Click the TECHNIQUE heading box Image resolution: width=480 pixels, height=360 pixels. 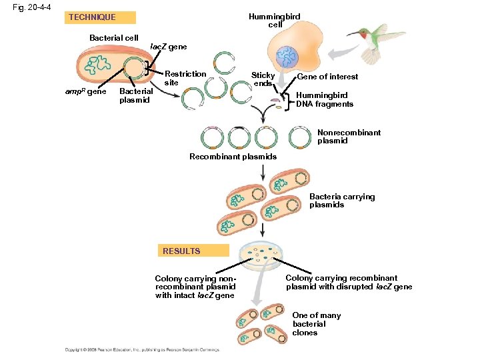click(x=102, y=17)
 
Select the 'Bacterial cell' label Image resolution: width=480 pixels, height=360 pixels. click(x=114, y=38)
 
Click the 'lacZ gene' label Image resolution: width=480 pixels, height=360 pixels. click(x=169, y=47)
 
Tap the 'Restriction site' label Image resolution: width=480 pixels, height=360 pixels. click(x=185, y=78)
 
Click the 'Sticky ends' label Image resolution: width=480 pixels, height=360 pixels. click(x=263, y=79)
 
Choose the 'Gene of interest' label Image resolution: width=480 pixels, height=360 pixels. click(x=327, y=77)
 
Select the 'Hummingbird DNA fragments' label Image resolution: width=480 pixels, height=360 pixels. click(x=325, y=99)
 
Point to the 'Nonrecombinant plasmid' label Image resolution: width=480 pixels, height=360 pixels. click(x=349, y=137)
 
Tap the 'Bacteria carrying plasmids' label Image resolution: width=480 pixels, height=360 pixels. click(x=341, y=201)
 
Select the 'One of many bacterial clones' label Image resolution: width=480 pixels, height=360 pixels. click(x=316, y=324)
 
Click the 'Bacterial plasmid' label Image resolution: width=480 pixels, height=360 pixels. click(x=135, y=95)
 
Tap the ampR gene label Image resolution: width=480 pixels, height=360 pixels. click(x=86, y=91)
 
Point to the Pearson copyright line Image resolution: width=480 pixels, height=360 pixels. click(x=141, y=349)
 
